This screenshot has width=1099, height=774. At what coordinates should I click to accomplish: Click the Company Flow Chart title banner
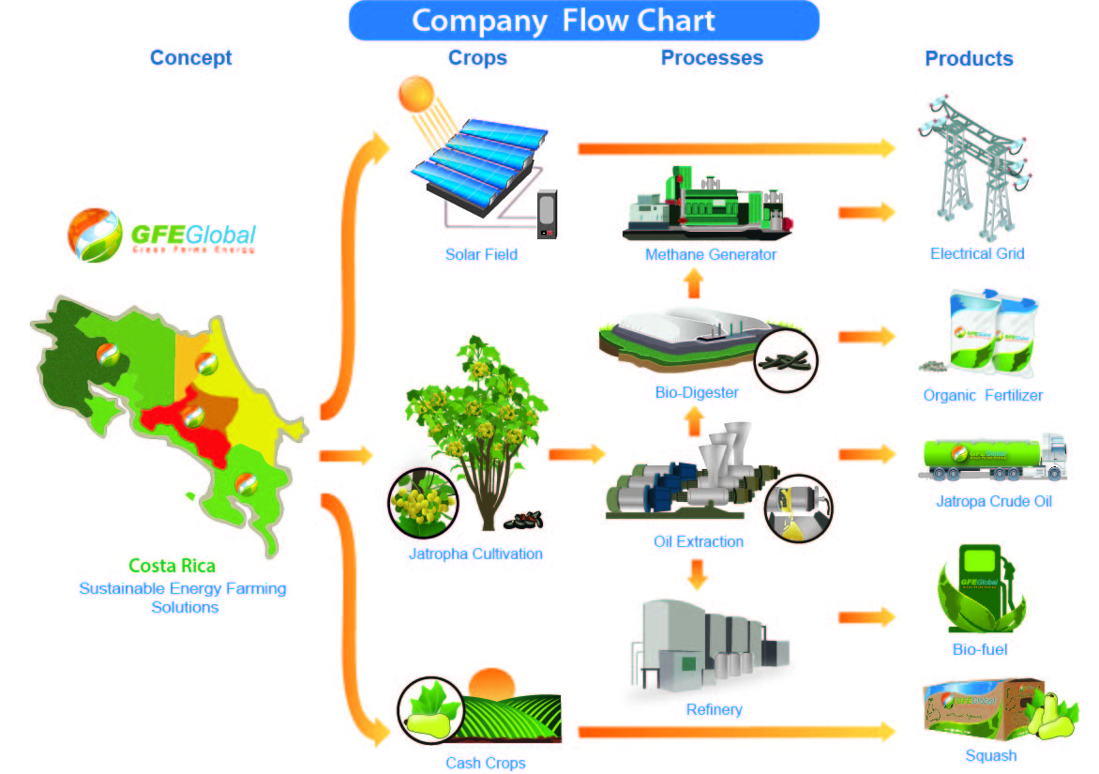583,21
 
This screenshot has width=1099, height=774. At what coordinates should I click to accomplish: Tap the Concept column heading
190,58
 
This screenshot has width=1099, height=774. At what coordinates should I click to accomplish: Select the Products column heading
969,58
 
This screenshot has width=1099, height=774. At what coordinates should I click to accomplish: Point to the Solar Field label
481,254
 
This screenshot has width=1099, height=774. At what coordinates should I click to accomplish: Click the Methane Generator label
711,254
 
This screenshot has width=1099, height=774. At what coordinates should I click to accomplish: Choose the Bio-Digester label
696,392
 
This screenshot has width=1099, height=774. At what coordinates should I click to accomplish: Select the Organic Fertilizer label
982,395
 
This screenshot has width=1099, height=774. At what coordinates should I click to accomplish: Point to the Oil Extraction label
699,541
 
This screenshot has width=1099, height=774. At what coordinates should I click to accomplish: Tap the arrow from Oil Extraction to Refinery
696,573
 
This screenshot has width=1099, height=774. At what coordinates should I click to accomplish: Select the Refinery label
714,709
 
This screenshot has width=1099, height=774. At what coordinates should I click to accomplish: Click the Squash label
990,755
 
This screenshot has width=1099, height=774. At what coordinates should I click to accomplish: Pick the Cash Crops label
486,763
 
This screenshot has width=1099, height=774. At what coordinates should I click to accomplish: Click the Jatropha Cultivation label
475,554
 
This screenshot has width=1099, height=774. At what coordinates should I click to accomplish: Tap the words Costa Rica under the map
172,566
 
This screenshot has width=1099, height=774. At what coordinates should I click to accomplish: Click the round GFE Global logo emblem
94,235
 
